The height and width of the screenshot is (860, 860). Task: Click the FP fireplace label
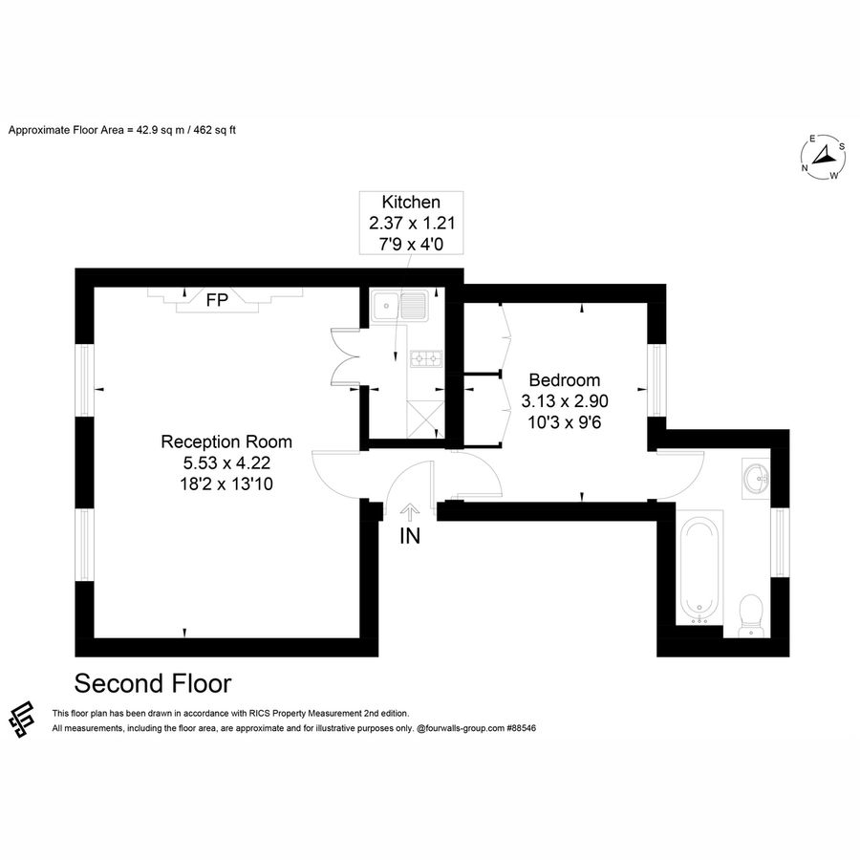(x=217, y=300)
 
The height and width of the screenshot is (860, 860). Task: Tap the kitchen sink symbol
(x=402, y=307)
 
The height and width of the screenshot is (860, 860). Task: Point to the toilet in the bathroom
(x=752, y=613)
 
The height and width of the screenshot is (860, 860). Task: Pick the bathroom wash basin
(x=755, y=477)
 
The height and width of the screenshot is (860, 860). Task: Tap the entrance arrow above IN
(x=408, y=512)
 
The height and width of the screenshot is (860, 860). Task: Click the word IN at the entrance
(x=409, y=536)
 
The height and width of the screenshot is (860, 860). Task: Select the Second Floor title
(x=153, y=684)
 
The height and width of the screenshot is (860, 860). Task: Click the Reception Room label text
(x=226, y=441)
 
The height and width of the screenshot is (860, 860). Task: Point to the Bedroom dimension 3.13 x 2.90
(x=565, y=400)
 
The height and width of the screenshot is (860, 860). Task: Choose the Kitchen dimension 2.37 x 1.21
(x=411, y=224)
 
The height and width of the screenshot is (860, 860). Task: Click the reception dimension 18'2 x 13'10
(x=226, y=484)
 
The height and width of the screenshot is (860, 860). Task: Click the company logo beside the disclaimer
(x=22, y=720)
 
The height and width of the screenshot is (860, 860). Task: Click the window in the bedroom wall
(x=656, y=380)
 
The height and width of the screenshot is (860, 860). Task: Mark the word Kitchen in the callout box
(x=411, y=202)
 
